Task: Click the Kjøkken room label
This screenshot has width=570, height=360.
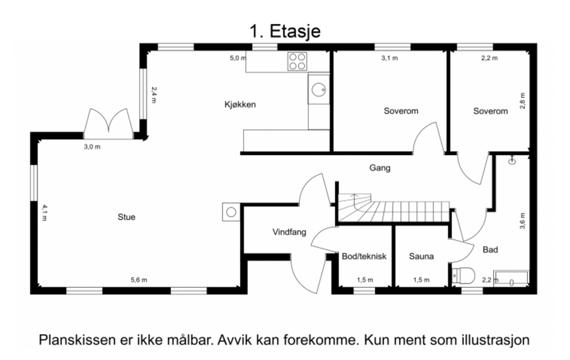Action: (240, 105)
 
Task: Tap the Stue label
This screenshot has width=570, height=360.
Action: (126, 217)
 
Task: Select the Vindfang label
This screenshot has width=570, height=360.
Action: (289, 232)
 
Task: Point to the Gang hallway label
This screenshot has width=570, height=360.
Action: (379, 168)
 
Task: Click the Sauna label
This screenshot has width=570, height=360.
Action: (421, 256)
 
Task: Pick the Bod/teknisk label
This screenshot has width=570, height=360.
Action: (364, 256)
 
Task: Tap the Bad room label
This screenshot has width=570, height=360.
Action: (490, 250)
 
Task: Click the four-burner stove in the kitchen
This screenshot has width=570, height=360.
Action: (297, 61)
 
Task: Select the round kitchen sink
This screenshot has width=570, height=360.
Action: (318, 89)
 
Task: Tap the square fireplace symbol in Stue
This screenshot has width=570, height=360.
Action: (231, 212)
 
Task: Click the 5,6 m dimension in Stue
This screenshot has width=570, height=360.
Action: (139, 280)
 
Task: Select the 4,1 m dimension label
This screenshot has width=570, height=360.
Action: (44, 212)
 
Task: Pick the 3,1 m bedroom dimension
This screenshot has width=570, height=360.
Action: (389, 58)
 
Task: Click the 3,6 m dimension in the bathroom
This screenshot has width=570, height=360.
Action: (522, 221)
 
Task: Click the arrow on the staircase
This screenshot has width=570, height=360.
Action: (354, 195)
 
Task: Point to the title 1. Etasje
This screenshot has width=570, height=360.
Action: (285, 31)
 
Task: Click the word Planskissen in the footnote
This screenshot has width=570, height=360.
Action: (77, 340)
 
